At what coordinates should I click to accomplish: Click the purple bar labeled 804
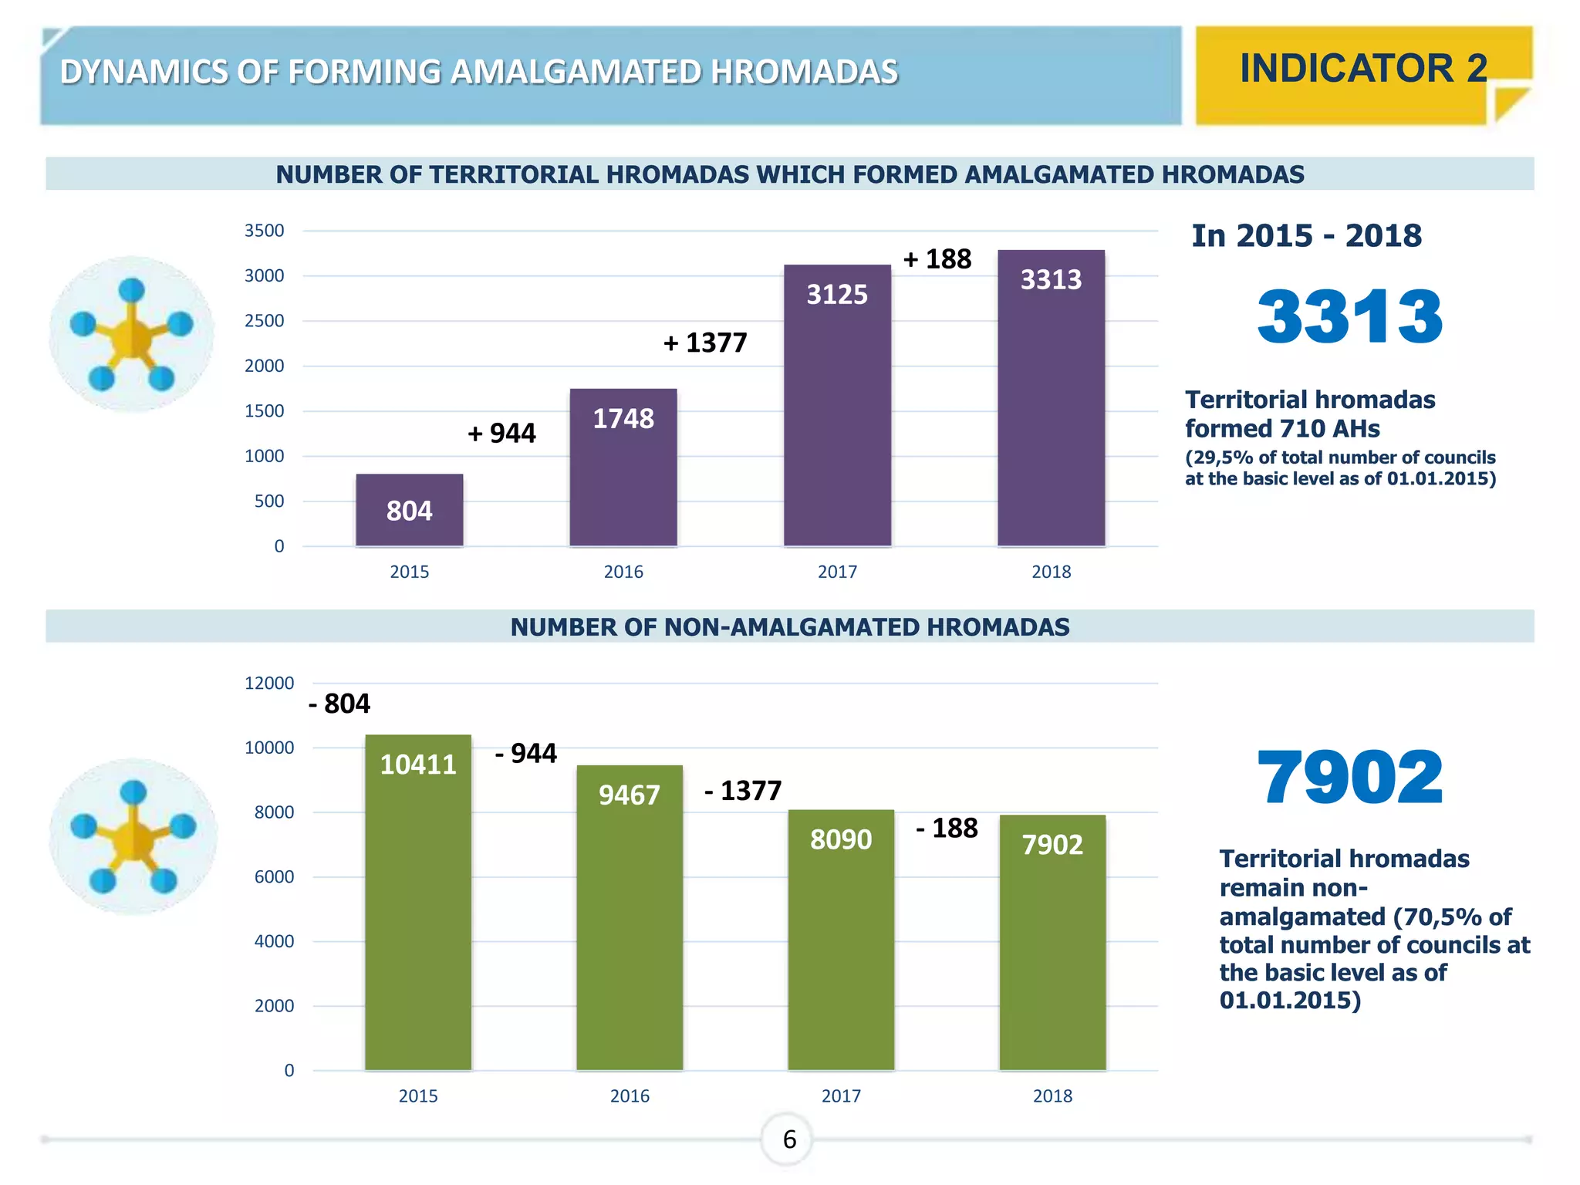(x=409, y=510)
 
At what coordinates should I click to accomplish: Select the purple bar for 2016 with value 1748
(x=623, y=468)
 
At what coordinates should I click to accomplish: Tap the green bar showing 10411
(x=418, y=903)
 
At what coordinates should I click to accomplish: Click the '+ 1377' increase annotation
(x=705, y=343)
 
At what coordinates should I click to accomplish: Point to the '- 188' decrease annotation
(x=947, y=829)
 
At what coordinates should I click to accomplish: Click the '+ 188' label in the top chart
(x=937, y=259)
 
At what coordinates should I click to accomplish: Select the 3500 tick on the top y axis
(x=264, y=231)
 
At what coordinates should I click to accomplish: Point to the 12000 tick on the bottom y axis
(x=268, y=684)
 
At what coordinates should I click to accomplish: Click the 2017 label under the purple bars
(x=837, y=572)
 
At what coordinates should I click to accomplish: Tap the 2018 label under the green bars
(x=1052, y=1096)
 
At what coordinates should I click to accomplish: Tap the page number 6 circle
(x=788, y=1139)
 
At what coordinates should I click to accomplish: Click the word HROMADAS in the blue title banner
(x=804, y=72)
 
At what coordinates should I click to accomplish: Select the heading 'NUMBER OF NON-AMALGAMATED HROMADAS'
(x=789, y=627)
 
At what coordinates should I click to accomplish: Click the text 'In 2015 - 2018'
(x=1306, y=236)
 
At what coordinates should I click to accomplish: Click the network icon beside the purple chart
(x=132, y=335)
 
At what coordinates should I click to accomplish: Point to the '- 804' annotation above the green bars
(x=339, y=704)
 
